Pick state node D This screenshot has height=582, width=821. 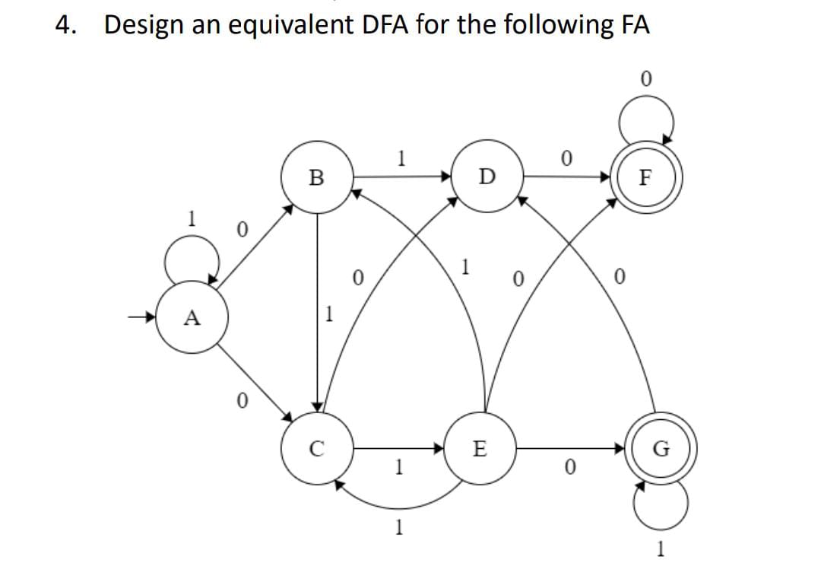coord(487,177)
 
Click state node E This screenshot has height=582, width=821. coord(479,448)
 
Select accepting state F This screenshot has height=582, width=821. coord(645,179)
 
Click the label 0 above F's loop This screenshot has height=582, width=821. coord(645,78)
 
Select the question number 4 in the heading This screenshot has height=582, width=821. coord(66,25)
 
